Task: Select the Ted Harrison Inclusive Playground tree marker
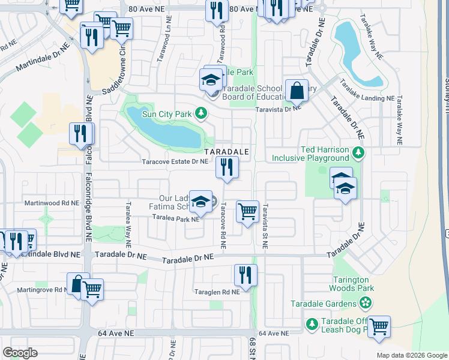point(358,152)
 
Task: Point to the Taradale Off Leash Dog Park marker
point(312,325)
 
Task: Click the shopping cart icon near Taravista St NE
point(247,212)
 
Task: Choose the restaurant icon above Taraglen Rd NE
point(245,275)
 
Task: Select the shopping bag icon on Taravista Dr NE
point(297,91)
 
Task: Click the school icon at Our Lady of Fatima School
point(202,202)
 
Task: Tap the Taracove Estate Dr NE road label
point(175,161)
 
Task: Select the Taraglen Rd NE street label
point(217,292)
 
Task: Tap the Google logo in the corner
point(20,353)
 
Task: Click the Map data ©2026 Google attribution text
point(411,355)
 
